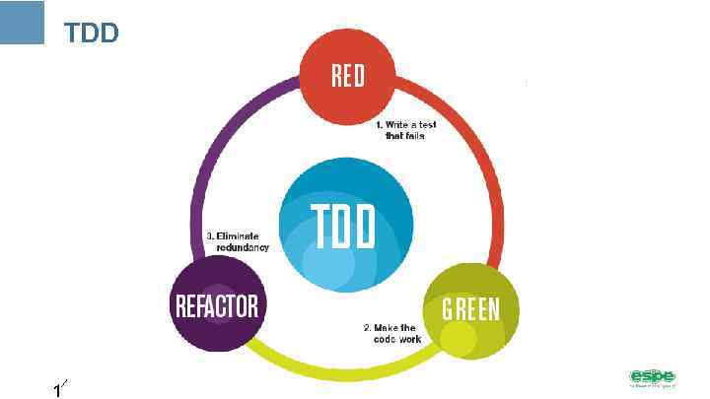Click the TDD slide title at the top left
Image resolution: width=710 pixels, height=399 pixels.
[x=91, y=33]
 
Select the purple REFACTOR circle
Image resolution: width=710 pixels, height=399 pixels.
[x=217, y=305]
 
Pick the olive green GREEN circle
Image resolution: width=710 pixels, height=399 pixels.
[x=469, y=309]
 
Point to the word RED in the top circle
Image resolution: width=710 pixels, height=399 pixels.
[x=347, y=76]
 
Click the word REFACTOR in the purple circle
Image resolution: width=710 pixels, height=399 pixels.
[x=217, y=306]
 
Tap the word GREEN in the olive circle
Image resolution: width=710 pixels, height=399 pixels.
[x=470, y=309]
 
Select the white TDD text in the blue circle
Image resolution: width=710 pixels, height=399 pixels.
[x=343, y=228]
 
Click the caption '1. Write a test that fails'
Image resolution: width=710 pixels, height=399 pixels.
[x=404, y=130]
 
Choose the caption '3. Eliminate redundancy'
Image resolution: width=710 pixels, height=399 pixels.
[x=237, y=241]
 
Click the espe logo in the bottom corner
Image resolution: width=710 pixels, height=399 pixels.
[x=652, y=377]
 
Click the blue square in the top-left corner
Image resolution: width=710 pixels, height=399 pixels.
[x=22, y=22]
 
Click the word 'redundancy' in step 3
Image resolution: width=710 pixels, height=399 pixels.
[x=243, y=247]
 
